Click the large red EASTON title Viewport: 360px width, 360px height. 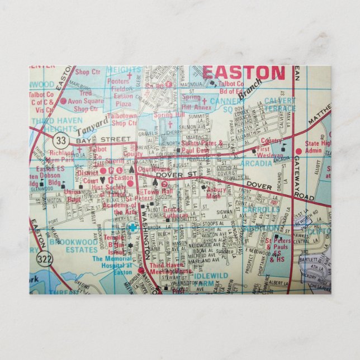click(243, 73)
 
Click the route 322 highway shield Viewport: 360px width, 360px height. click(45, 258)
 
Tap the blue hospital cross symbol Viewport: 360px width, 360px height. click(132, 228)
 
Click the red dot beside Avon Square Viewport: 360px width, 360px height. click(63, 101)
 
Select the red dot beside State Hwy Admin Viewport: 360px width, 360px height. click(299, 151)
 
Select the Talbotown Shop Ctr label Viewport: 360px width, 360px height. click(124, 119)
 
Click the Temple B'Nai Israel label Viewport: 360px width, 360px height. click(116, 244)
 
